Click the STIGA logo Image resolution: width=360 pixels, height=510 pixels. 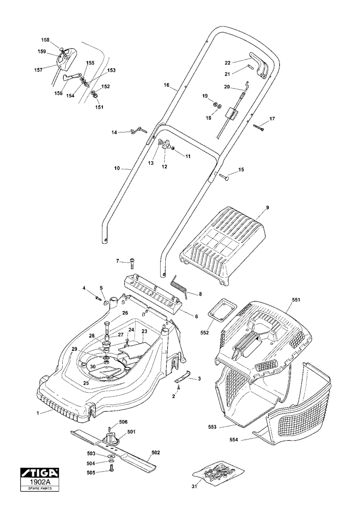(x=40, y=472)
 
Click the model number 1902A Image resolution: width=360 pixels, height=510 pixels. (x=40, y=481)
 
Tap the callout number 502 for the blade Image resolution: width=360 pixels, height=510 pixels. (x=156, y=452)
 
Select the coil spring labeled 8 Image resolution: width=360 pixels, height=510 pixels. (x=179, y=285)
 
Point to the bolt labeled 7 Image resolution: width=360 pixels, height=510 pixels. (x=133, y=263)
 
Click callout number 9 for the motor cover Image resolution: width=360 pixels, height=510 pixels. (x=268, y=208)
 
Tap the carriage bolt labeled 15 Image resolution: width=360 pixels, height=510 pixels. (x=224, y=176)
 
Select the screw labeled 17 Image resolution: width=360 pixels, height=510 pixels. (x=259, y=127)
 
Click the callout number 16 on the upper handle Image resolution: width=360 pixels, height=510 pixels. (x=167, y=85)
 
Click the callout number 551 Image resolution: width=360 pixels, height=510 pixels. (x=296, y=299)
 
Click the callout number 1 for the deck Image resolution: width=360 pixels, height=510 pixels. (x=38, y=413)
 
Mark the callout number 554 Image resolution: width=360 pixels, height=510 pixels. (x=234, y=440)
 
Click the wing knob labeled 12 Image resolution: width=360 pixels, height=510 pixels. (x=167, y=145)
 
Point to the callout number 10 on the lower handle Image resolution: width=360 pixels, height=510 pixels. (x=117, y=168)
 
